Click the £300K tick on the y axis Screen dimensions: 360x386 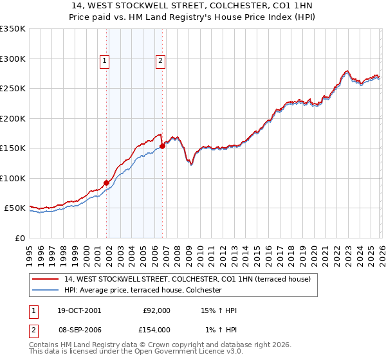coord(13,59)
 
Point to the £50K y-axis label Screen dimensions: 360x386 coord(15,208)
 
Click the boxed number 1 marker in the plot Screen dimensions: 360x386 coord(104,61)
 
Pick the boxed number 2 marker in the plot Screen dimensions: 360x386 coord(160,61)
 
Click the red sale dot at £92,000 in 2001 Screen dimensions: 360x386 coord(106,183)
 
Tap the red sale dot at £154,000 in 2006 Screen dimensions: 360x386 coord(162,146)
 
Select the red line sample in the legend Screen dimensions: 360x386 coord(46,279)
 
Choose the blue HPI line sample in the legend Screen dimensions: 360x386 coord(46,290)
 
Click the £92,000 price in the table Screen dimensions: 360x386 coord(156,310)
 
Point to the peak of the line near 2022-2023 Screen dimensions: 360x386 coord(347,71)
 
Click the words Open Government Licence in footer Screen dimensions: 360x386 coord(193,352)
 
